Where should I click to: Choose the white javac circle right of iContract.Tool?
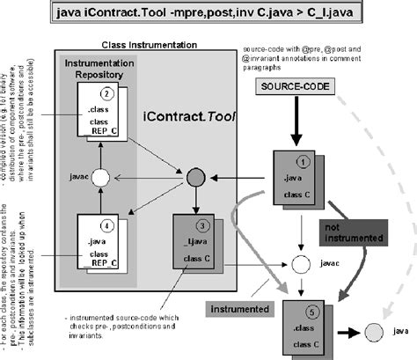tap(300, 263)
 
